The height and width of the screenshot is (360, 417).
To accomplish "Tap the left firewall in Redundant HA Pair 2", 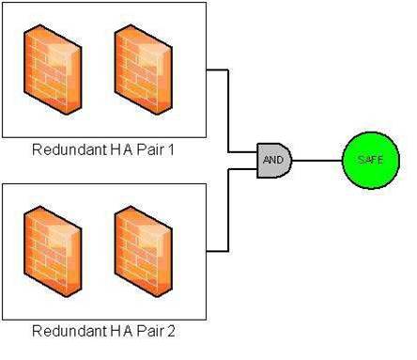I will click(54, 243).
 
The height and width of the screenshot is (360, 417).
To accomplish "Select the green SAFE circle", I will click(370, 160).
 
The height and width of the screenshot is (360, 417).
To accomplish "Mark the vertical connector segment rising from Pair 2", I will click(229, 211).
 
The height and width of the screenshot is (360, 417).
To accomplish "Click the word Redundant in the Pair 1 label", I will click(65, 149).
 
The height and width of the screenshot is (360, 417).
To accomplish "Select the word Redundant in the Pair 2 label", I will click(65, 331).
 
